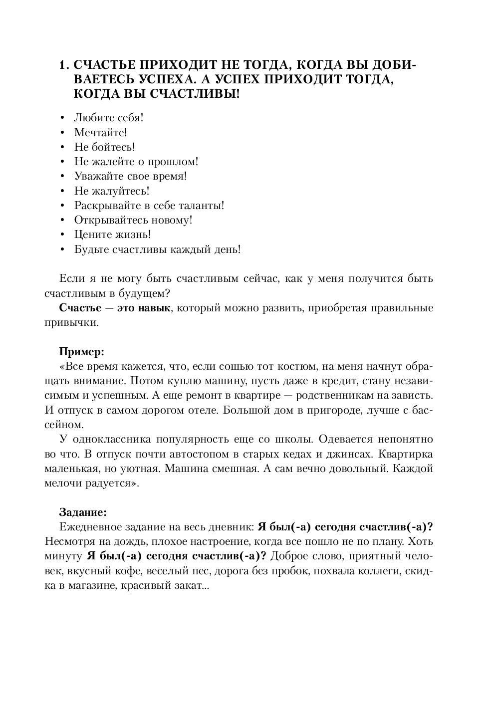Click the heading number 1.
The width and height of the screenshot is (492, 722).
click(62, 66)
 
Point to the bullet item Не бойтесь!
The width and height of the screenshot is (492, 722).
click(104, 147)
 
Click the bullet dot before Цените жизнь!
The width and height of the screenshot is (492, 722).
click(62, 235)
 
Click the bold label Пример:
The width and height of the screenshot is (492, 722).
click(82, 351)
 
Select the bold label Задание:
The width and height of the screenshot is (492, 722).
click(83, 512)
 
